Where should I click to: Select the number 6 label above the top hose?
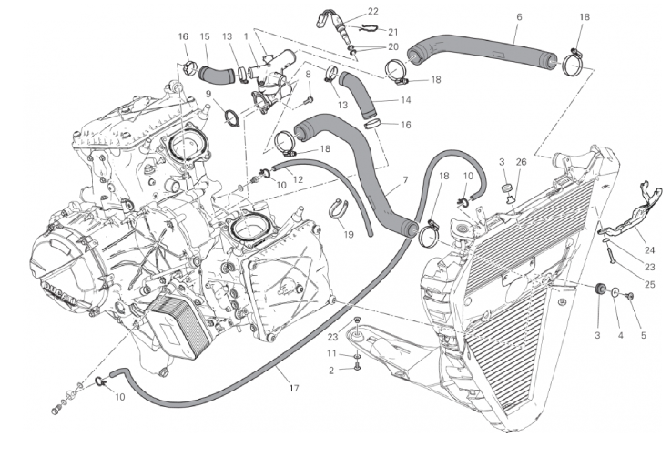[x=519, y=17]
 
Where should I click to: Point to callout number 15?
[x=205, y=36]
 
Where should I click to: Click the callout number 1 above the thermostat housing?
[x=246, y=36]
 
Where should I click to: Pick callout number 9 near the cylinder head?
[x=208, y=94]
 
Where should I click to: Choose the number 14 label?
[x=405, y=99]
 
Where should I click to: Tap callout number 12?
[x=299, y=168]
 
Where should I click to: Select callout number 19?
[x=349, y=236]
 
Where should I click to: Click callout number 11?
[x=332, y=353]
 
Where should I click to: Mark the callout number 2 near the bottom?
[x=332, y=369]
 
